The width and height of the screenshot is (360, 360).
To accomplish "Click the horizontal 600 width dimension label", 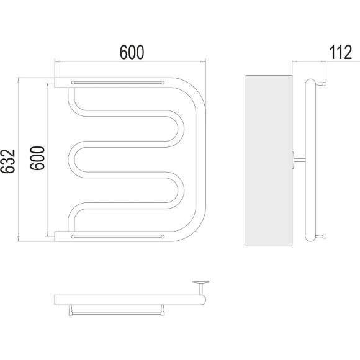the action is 132,52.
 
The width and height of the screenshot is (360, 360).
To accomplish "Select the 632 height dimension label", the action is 8,161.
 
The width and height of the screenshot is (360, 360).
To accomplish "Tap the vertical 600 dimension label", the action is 37,158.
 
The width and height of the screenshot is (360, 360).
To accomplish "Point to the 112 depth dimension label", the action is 341,52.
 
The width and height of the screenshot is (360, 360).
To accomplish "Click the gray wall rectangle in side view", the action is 269,161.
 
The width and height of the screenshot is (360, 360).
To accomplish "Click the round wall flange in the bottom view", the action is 201,282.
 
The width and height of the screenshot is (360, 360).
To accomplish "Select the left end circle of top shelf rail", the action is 73,83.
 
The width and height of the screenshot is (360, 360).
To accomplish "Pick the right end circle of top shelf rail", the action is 163,83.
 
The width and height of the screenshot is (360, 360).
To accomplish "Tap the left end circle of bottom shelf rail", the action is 73,236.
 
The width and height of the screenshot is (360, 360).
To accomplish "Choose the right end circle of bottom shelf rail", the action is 163,236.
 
